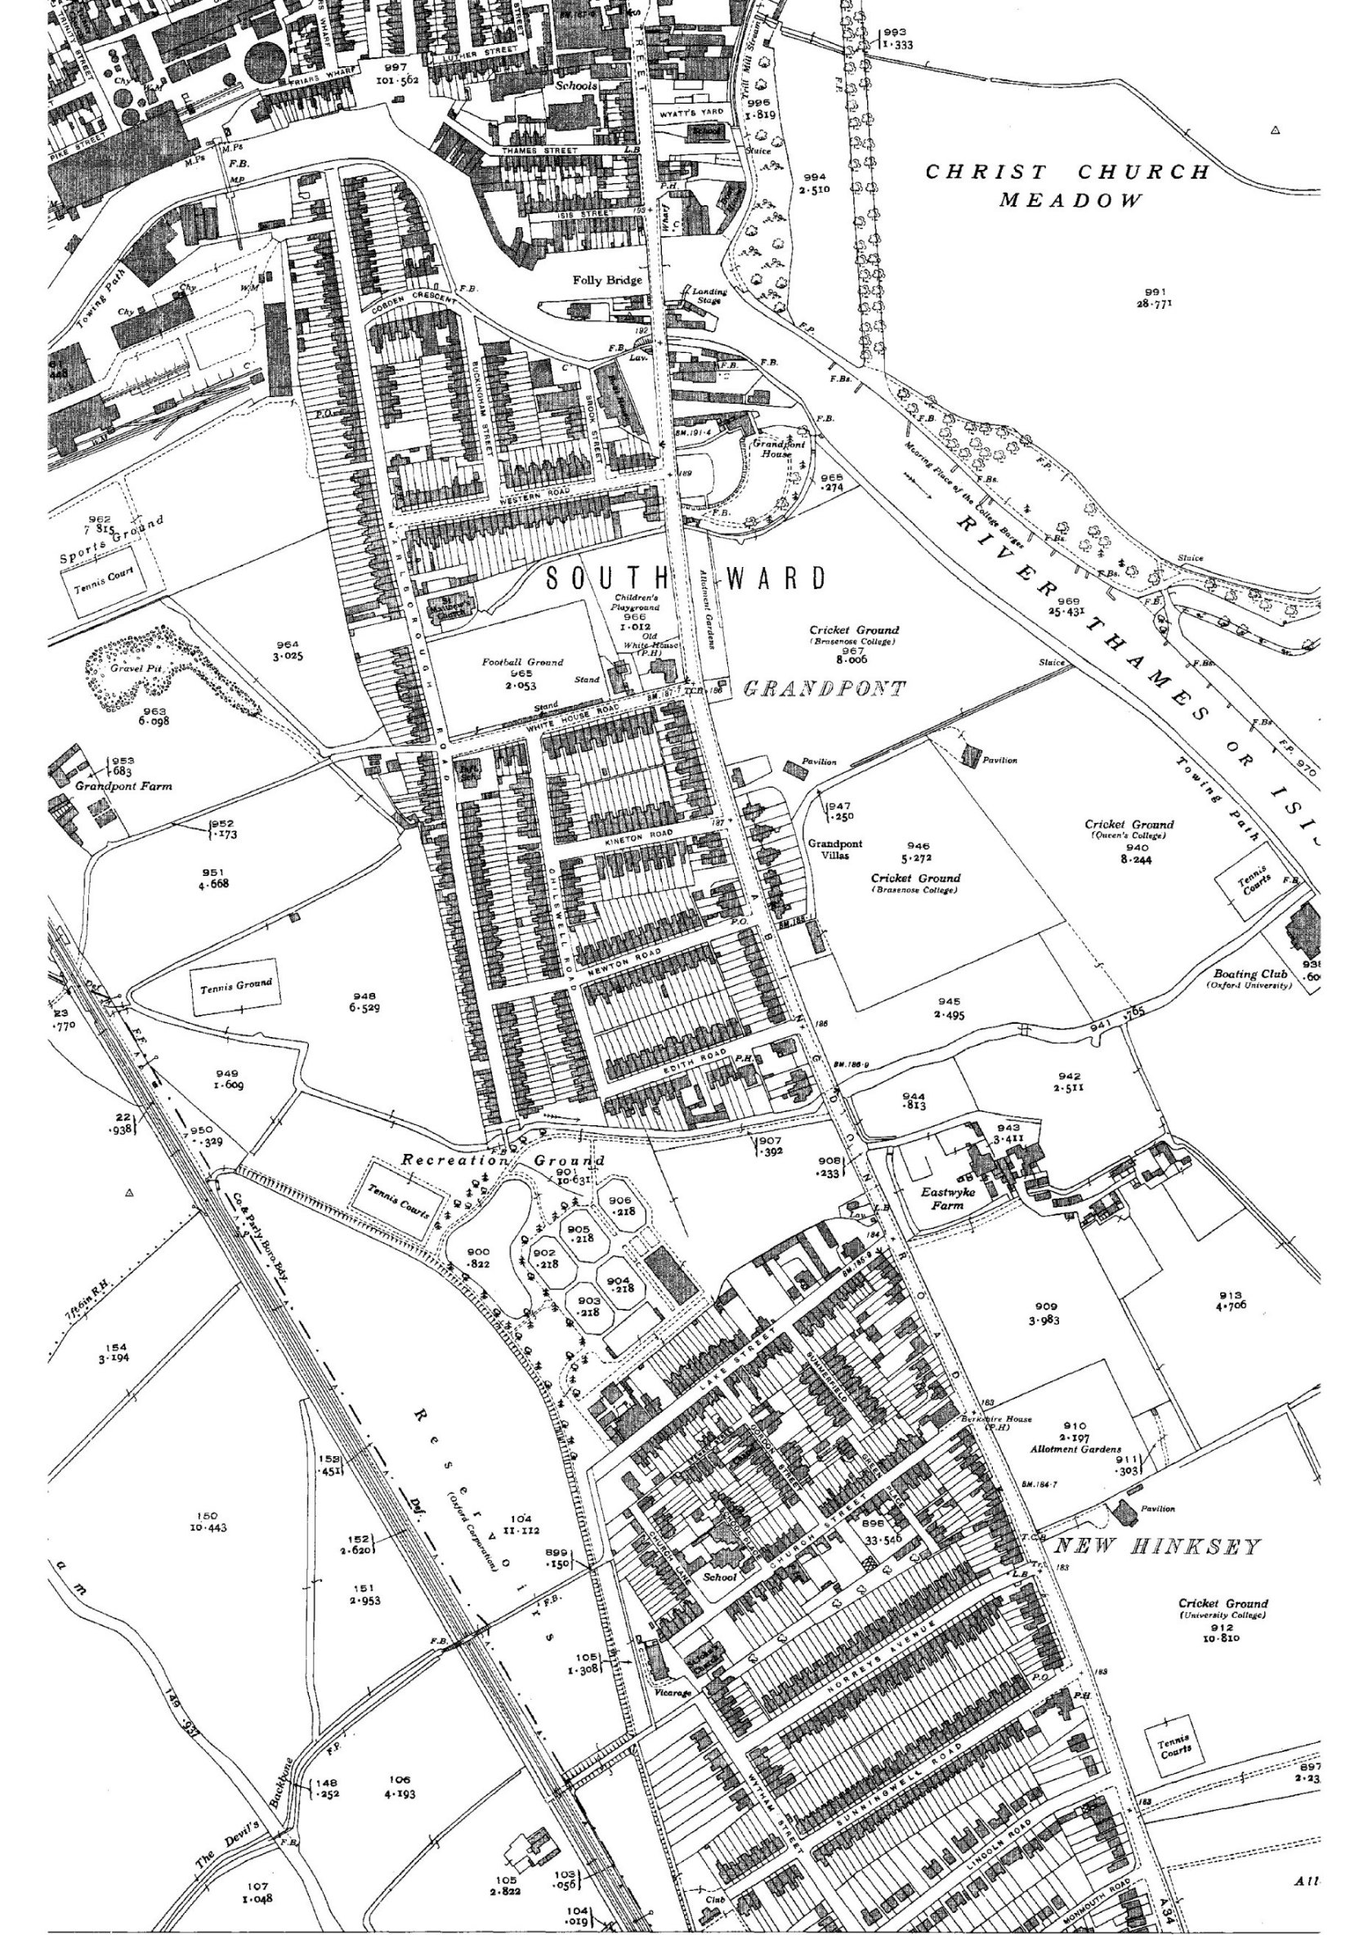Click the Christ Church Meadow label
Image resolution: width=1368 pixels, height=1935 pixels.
(x=1068, y=185)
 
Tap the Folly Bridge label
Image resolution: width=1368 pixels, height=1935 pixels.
(x=607, y=280)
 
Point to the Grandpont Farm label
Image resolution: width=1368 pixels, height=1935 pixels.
(x=123, y=786)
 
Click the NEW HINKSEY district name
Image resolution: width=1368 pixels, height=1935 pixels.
(x=1158, y=1547)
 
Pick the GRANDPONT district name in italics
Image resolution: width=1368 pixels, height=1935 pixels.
(x=825, y=690)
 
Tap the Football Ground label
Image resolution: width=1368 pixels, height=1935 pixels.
(x=522, y=663)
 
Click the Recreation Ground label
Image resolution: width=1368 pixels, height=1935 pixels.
(x=503, y=1161)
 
